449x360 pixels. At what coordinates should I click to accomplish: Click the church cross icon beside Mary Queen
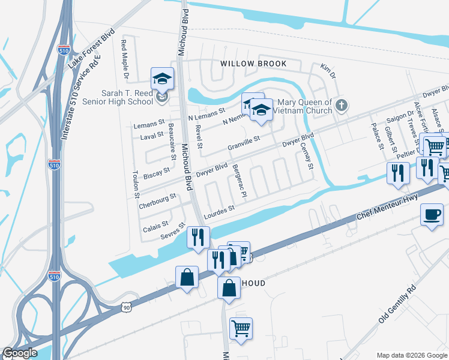click(341, 106)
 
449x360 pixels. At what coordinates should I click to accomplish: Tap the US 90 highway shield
click(125, 307)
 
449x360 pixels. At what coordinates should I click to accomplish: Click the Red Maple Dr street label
click(125, 59)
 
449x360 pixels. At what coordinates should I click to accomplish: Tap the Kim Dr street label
click(327, 71)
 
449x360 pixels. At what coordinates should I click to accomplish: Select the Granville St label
click(243, 143)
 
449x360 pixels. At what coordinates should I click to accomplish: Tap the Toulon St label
click(136, 187)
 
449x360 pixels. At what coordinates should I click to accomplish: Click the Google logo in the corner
click(20, 353)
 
